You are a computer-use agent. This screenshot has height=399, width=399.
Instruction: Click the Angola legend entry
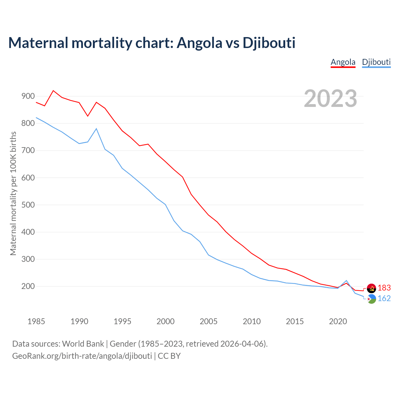343,62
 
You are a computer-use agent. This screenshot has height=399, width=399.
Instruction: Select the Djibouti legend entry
376,62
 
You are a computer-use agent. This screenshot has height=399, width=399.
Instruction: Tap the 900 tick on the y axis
28,96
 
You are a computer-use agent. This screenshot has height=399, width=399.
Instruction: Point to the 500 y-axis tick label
28,205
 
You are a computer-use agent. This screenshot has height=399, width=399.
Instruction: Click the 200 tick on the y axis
28,286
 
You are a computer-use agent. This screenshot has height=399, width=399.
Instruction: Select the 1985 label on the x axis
36,321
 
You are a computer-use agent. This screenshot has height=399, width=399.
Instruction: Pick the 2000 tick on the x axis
166,321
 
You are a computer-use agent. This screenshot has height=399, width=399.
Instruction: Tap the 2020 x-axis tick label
338,321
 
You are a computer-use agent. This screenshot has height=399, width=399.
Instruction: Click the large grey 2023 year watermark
330,99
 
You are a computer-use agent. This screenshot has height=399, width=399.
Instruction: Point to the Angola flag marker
371,288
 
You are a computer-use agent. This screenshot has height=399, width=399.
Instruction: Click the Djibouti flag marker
371,299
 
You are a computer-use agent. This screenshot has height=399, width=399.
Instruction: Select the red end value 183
384,288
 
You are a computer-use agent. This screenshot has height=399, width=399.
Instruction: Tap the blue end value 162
384,299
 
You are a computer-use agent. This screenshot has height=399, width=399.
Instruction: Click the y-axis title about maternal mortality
13,193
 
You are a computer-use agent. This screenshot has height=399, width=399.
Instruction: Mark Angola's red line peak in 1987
53,91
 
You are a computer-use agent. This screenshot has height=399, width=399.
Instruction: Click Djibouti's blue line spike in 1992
96,129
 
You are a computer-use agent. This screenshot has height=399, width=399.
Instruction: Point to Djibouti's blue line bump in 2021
346,281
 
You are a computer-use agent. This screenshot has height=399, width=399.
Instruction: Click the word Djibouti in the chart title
269,43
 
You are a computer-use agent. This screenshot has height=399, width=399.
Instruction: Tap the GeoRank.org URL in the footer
82,356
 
